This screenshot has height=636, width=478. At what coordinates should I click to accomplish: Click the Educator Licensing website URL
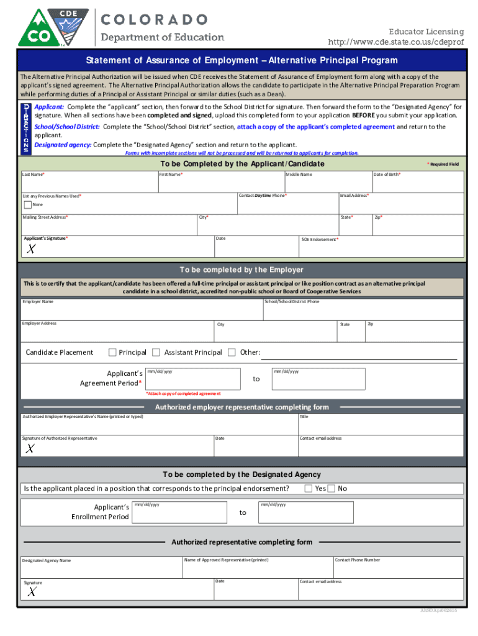coord(395,42)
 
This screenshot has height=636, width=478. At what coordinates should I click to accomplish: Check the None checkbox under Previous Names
coord(27,204)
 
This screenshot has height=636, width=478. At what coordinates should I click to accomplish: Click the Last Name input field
coord(88,184)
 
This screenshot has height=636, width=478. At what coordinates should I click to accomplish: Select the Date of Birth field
coord(417,184)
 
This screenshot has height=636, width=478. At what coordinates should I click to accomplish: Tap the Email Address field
coord(400,205)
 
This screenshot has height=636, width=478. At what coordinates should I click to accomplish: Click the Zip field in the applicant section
coord(417,227)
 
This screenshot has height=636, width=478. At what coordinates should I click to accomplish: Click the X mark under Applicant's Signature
coord(30,250)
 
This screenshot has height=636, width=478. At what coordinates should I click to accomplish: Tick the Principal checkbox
coord(112,352)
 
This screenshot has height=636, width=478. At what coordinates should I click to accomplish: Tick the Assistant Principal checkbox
coord(156,352)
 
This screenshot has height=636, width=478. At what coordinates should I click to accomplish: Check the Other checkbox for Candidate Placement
coord(232,352)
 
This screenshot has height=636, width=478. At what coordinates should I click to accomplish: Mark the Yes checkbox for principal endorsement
coord(309,488)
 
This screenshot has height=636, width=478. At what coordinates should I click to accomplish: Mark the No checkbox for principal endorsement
coord(331,488)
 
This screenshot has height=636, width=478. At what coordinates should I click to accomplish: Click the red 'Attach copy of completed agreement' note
coord(183,394)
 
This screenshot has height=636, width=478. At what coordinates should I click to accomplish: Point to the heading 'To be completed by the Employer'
coord(241,270)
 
